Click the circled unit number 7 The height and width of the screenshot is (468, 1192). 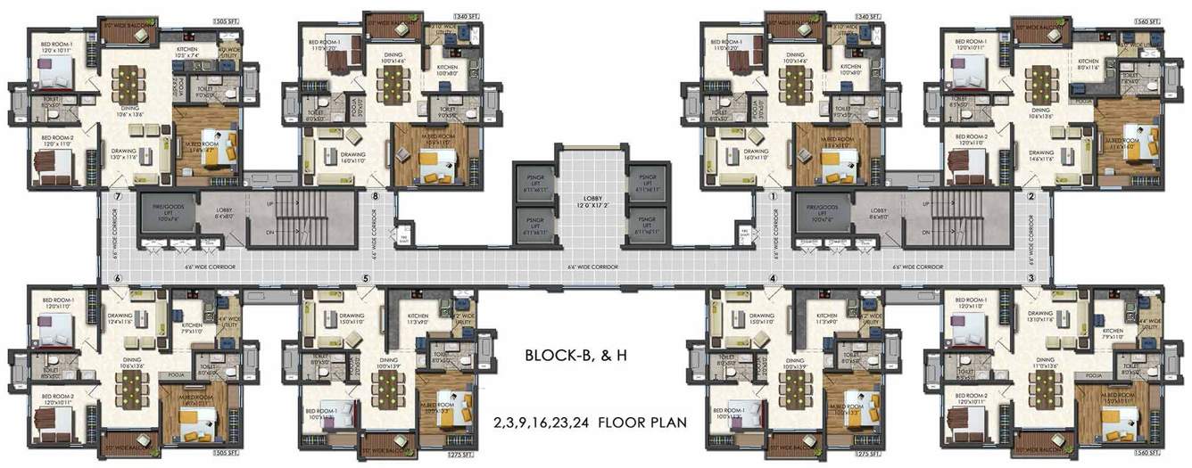[116, 196]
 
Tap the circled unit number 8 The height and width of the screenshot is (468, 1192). [376, 196]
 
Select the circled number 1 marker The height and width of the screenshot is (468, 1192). [774, 196]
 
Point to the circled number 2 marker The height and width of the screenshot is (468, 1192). [1031, 196]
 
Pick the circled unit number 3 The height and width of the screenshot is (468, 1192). [1031, 278]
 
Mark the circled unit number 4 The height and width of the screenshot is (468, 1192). [774, 278]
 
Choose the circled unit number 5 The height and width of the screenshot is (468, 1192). [366, 278]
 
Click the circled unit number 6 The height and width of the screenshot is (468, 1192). [117, 278]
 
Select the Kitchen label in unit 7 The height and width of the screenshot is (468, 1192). [186, 51]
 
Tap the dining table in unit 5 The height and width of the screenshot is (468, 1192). [389, 388]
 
